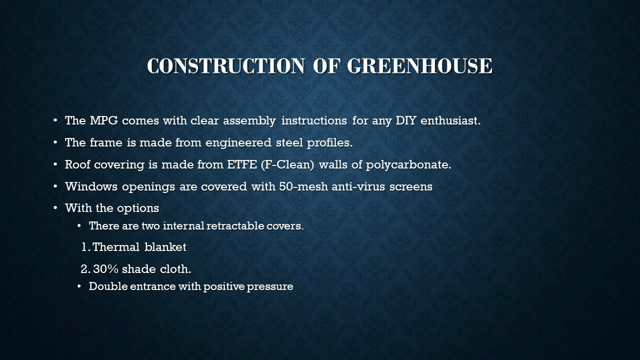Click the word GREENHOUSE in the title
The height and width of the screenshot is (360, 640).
click(x=419, y=66)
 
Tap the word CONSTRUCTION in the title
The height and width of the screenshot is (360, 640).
click(x=225, y=66)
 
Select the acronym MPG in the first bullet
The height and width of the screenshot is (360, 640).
click(x=103, y=120)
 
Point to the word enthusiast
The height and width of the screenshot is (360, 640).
click(x=450, y=120)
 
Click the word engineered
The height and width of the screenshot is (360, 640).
click(x=238, y=143)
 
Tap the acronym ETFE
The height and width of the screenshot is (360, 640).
click(x=241, y=164)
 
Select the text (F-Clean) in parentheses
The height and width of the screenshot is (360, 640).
click(x=287, y=165)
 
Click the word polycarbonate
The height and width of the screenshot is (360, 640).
click(x=408, y=165)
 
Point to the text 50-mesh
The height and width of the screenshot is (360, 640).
click(x=303, y=186)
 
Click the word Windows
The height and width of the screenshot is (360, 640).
click(x=91, y=186)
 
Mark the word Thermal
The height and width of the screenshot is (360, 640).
click(x=116, y=247)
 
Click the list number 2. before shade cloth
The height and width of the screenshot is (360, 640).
click(x=85, y=269)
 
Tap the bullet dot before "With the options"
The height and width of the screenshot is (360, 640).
click(x=55, y=208)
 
